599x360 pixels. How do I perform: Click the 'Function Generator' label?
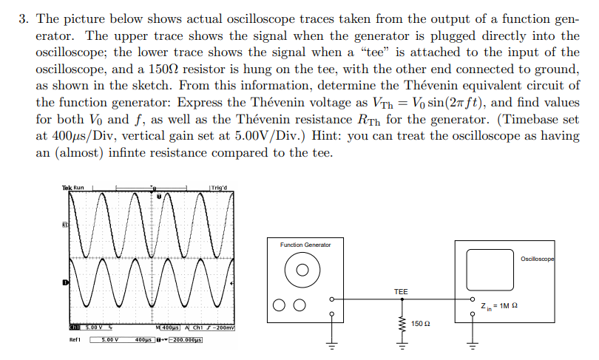[305, 245]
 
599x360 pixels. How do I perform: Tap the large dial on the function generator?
[301, 271]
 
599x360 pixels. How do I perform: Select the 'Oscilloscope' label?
[537, 259]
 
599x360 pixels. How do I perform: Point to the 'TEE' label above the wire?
[400, 292]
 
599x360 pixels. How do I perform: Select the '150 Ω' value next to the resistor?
[419, 324]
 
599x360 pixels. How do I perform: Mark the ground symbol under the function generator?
[332, 346]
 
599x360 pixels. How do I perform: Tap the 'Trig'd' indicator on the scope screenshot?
[220, 188]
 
